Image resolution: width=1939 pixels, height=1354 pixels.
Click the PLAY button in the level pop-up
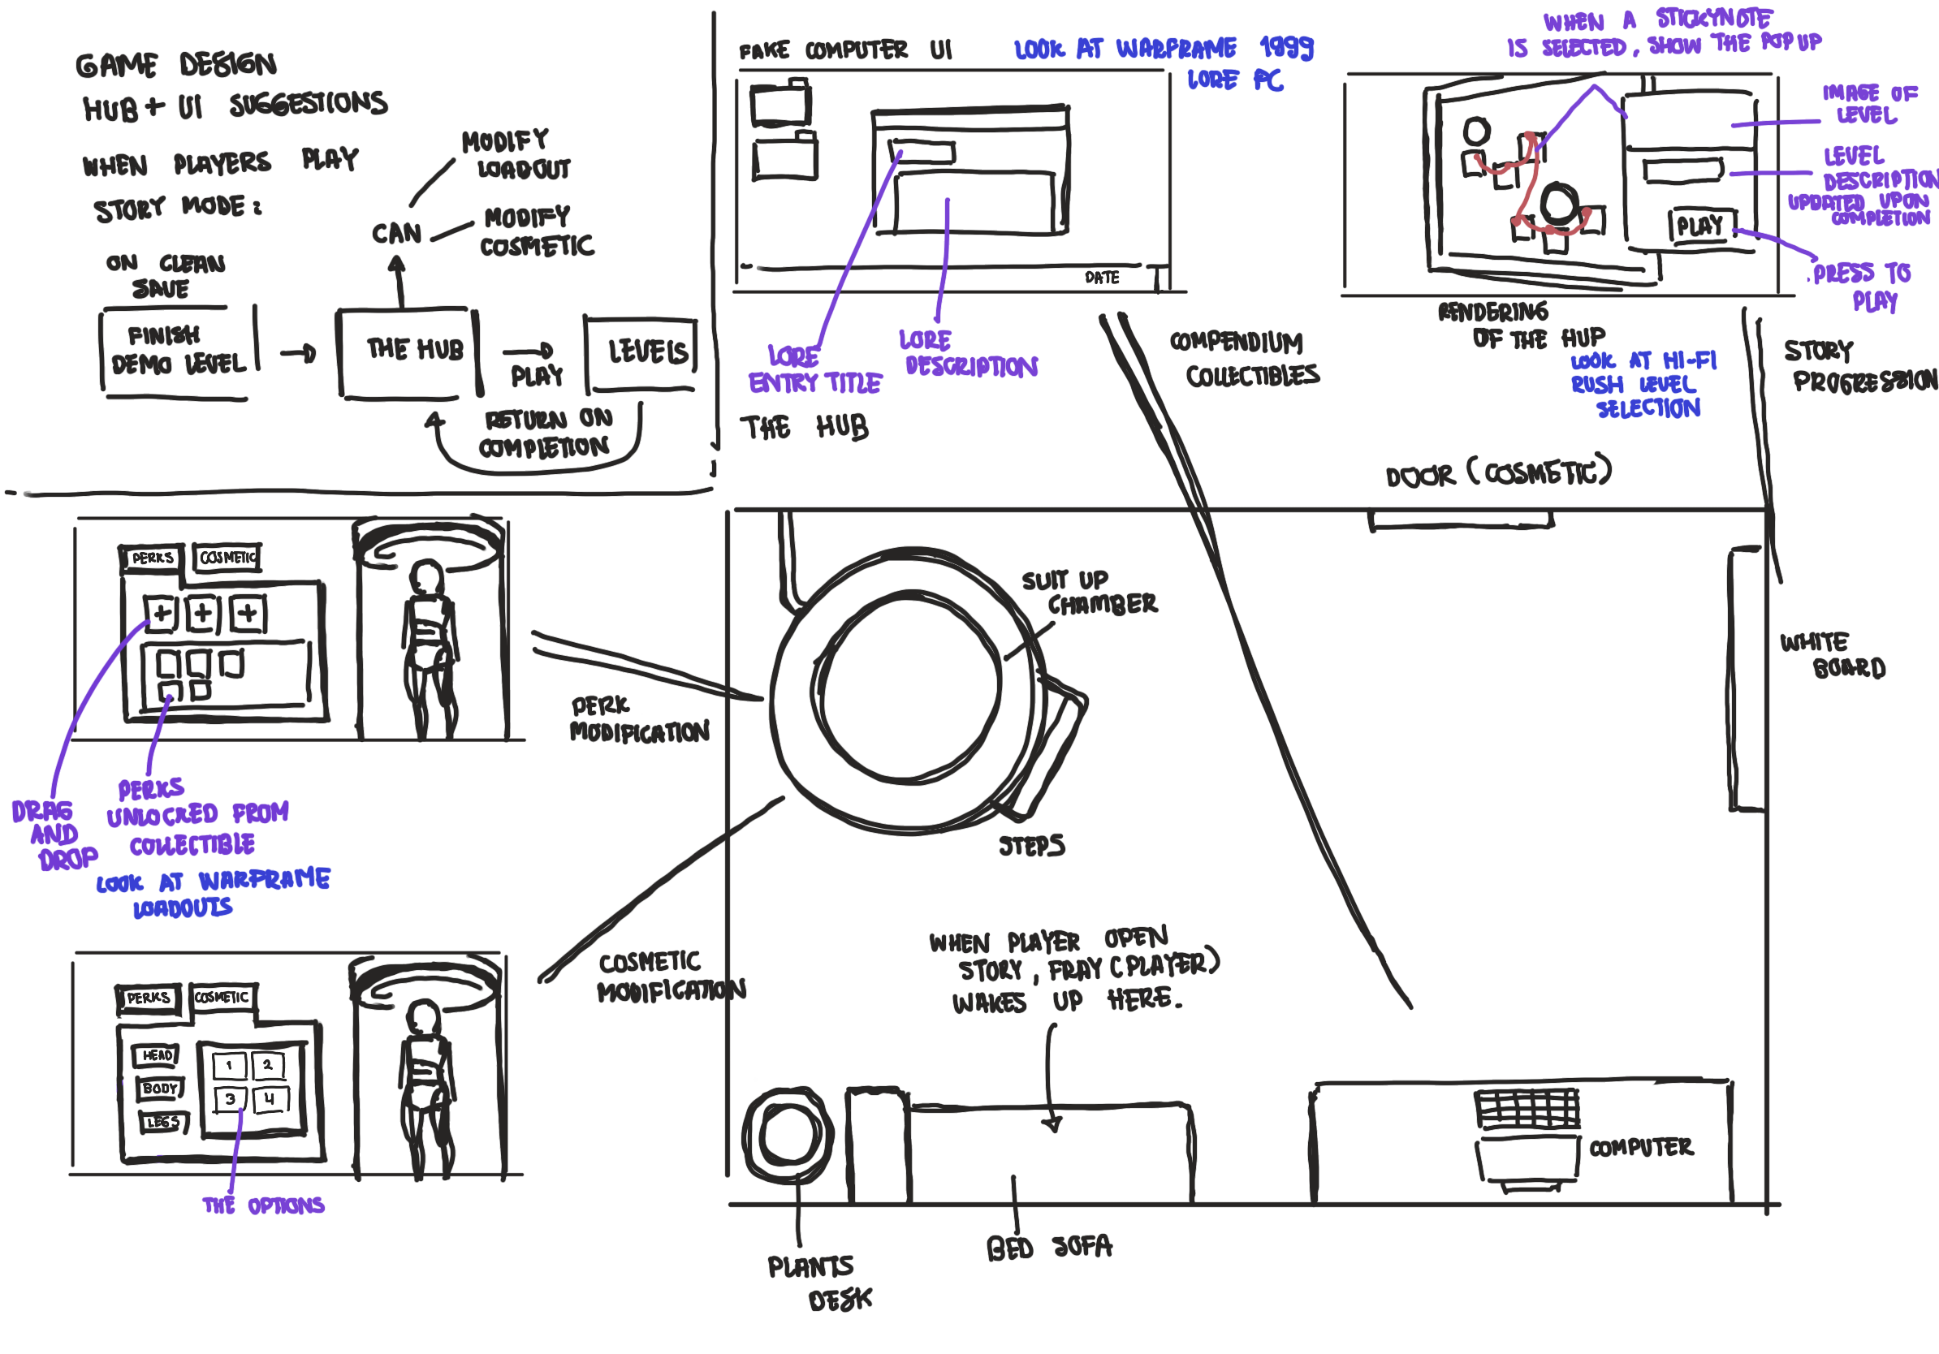[x=1701, y=226]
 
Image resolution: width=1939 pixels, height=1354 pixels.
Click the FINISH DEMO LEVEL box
[x=177, y=350]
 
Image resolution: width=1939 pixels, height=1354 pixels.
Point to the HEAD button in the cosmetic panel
[x=156, y=1055]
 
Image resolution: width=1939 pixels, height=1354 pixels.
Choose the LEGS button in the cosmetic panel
[x=162, y=1122]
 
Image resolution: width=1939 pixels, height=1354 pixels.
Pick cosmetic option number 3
[x=230, y=1099]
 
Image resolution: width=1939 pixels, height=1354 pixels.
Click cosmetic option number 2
[x=268, y=1065]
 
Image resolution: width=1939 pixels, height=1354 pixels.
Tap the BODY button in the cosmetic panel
[x=160, y=1089]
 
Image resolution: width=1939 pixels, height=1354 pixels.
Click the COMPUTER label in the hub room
[x=1641, y=1147]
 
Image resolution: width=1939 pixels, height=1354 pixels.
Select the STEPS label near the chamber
[x=1031, y=846]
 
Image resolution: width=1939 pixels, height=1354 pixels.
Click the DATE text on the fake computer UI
[x=1101, y=278]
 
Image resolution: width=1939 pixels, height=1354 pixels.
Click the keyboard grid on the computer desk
[x=1526, y=1107]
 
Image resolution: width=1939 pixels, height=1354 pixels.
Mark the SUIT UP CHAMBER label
[x=1089, y=593]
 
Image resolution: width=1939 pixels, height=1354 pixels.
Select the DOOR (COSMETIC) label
[x=1498, y=472]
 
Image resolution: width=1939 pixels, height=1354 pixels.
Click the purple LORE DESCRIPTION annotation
[x=969, y=354]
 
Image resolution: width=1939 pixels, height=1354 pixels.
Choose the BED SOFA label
[x=1049, y=1248]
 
